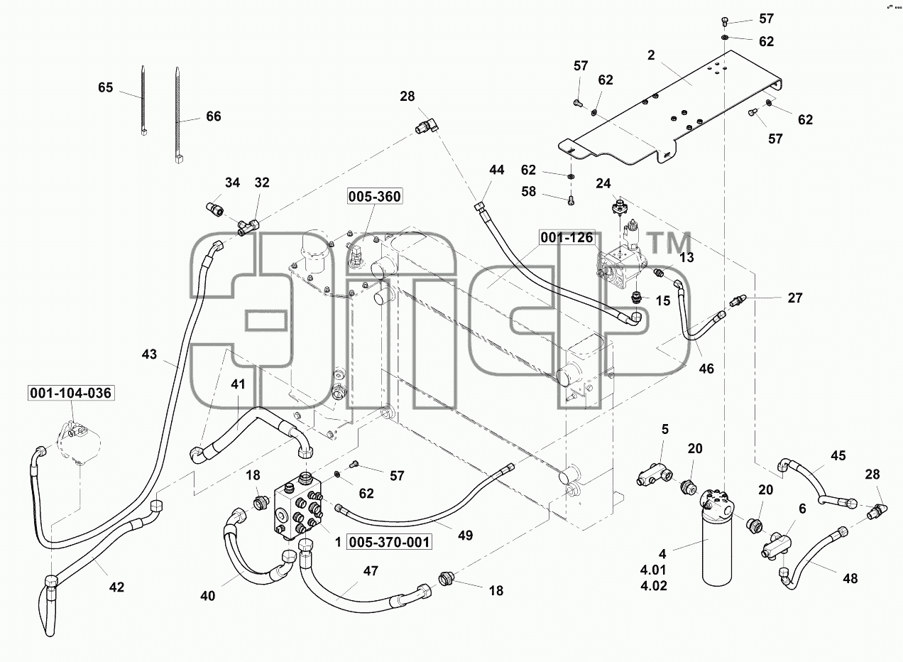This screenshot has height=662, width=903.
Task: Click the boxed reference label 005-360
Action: pos(375,197)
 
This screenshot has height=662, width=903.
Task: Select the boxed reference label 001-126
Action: pos(567,238)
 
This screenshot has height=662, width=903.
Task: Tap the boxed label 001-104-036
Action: pos(70,393)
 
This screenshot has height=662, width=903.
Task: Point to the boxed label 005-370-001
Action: pos(389,542)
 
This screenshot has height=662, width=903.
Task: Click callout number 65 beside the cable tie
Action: pos(106,87)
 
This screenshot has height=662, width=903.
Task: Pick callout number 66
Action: pos(213,116)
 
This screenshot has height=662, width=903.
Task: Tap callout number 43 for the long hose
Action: pos(149,354)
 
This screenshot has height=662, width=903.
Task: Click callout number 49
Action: pos(465,536)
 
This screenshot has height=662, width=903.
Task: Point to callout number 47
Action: pos(371,571)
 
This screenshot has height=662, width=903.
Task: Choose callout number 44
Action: pos(497,170)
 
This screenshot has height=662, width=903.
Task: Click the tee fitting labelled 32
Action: pos(248,227)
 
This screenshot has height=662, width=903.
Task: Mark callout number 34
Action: pos(233,183)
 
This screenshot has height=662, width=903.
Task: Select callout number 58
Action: pos(528,191)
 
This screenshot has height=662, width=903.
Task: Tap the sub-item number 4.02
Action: pos(653,585)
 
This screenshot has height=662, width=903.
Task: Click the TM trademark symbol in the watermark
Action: pos(671,243)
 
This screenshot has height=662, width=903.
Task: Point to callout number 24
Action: pos(603,184)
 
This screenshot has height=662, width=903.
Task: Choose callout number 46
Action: pos(706,369)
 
